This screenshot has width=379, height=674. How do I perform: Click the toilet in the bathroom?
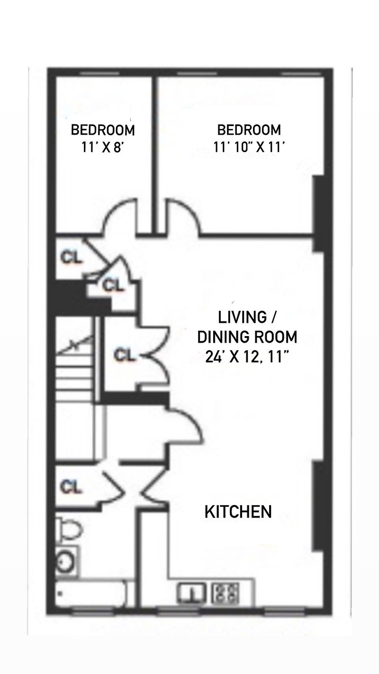(x=69, y=532)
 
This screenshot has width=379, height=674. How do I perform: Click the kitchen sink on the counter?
(x=192, y=593)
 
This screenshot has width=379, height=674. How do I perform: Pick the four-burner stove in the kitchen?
(x=226, y=593)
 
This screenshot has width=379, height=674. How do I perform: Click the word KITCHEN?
(x=238, y=512)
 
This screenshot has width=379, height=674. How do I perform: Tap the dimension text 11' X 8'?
(x=103, y=147)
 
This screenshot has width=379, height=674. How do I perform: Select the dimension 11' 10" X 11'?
(x=249, y=147)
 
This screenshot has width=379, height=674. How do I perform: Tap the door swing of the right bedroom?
(x=182, y=216)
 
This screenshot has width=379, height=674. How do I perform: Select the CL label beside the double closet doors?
(x=124, y=355)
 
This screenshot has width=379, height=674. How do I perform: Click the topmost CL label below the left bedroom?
(x=71, y=257)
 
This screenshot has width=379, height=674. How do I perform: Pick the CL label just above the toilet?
(x=71, y=487)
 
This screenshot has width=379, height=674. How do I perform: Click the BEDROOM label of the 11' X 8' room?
(x=103, y=130)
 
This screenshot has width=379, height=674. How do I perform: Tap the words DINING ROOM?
(x=247, y=337)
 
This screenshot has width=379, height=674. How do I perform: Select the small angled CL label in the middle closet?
(x=113, y=285)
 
